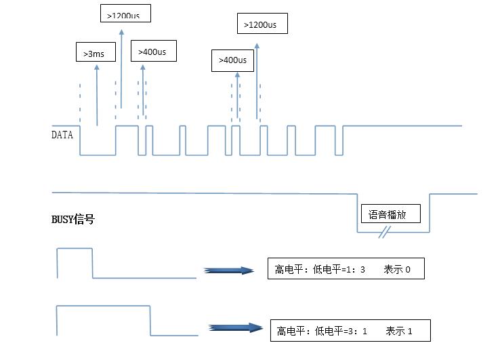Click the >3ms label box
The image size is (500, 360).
pyautogui.click(x=95, y=52)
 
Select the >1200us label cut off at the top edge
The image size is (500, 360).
pyautogui.click(x=125, y=14)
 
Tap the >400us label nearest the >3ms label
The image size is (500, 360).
pyautogui.click(x=156, y=52)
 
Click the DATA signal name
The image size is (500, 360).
pyautogui.click(x=62, y=134)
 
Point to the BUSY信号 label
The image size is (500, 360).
pyautogui.click(x=72, y=220)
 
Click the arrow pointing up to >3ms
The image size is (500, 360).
pyautogui.click(x=97, y=95)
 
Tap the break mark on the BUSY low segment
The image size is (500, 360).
pyautogui.click(x=385, y=233)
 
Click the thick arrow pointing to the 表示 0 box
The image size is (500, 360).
pyautogui.click(x=228, y=271)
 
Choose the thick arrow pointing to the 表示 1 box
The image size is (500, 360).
pyautogui.click(x=234, y=327)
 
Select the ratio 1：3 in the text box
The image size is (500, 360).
pyautogui.click(x=356, y=270)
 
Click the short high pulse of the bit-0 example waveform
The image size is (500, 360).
pyautogui.click(x=75, y=249)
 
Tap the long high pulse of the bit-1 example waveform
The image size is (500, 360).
pyautogui.click(x=102, y=307)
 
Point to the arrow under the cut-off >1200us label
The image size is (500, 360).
pyautogui.click(x=121, y=68)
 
